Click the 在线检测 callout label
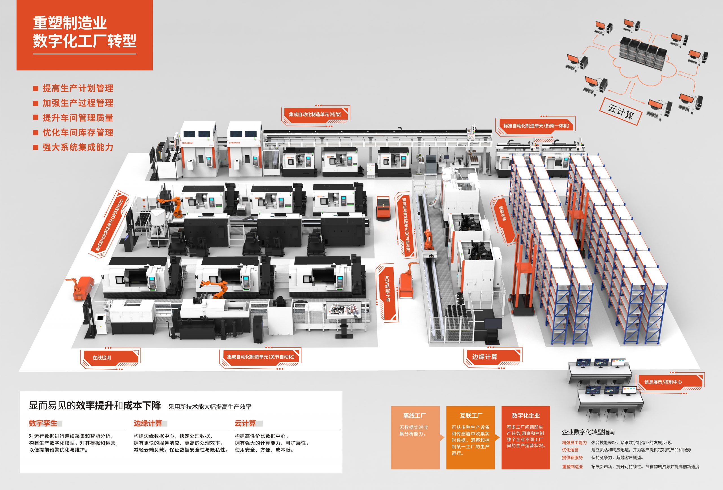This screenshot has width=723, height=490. [x=102, y=358]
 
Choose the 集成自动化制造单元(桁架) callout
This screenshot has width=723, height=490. [x=315, y=114]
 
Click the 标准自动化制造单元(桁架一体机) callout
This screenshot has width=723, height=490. [x=536, y=126]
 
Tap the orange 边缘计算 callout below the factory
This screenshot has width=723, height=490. [x=484, y=357]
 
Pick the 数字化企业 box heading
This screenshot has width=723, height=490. [x=526, y=416]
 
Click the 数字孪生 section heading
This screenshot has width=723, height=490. [x=43, y=423]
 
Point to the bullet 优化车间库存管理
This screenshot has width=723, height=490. [x=78, y=133]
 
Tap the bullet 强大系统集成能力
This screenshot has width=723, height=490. [x=78, y=147]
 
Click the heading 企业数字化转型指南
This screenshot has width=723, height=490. [x=588, y=432]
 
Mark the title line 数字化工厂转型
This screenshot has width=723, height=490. [x=85, y=41]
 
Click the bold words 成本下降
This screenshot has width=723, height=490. [x=142, y=405]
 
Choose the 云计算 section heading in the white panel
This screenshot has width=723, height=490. [x=245, y=423]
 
